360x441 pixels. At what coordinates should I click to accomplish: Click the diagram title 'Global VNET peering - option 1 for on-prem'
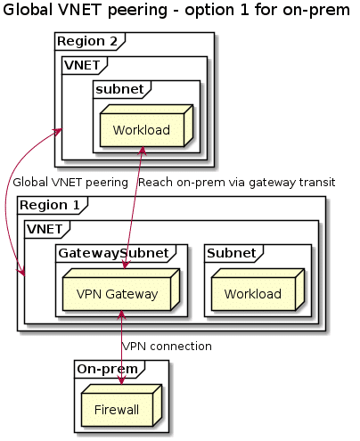pyautogui.click(x=176, y=10)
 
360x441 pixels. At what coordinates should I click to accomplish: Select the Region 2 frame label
pyautogui.click(x=87, y=41)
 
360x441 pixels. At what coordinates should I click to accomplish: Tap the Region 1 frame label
pyautogui.click(x=50, y=205)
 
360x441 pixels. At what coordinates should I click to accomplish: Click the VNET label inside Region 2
pyautogui.click(x=82, y=65)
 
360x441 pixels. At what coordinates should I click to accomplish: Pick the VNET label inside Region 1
pyautogui.click(x=45, y=229)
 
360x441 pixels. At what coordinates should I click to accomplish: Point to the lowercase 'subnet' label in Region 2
pyautogui.click(x=120, y=89)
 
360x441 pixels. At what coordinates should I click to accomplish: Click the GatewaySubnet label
pyautogui.click(x=114, y=253)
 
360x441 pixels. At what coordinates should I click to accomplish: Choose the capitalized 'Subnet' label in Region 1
pyautogui.click(x=232, y=253)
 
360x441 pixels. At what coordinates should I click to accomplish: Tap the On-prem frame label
pyautogui.click(x=108, y=369)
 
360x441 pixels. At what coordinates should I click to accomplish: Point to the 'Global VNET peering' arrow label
pyautogui.click(x=70, y=183)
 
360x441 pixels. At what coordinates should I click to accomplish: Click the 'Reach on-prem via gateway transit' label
pyautogui.click(x=237, y=183)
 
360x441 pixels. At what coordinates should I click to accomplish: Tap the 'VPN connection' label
pyautogui.click(x=167, y=347)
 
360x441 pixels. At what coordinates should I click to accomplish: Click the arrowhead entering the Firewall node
pyautogui.click(x=121, y=380)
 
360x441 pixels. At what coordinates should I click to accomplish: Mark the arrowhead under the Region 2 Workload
pyautogui.click(x=143, y=151)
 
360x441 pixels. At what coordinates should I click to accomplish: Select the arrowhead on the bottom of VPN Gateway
pyautogui.click(x=121, y=315)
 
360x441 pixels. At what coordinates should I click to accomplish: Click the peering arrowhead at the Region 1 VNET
pyautogui.click(x=21, y=272)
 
